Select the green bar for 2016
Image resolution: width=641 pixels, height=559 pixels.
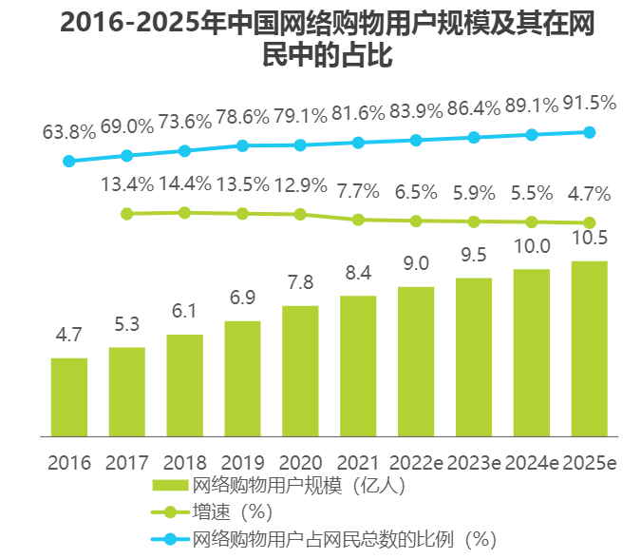pyautogui.click(x=69, y=397)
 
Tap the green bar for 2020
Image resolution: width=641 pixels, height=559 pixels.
pyautogui.click(x=300, y=371)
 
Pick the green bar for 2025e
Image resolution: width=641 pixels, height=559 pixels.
pyautogui.click(x=589, y=349)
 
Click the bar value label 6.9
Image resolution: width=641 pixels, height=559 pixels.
pyautogui.click(x=242, y=299)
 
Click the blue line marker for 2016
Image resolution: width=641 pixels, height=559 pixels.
pyautogui.click(x=68, y=162)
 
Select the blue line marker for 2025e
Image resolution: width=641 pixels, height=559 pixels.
pyautogui.click(x=589, y=132)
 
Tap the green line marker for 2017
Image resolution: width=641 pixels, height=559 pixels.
pyautogui.click(x=126, y=214)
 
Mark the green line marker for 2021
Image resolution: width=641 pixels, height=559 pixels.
pyautogui.click(x=358, y=220)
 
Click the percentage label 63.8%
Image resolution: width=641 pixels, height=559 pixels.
pyautogui.click(x=69, y=131)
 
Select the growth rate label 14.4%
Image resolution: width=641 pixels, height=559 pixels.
pyautogui.click(x=185, y=184)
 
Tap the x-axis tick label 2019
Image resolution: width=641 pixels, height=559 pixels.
pyautogui.click(x=242, y=463)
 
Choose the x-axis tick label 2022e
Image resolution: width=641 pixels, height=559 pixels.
pyautogui.click(x=416, y=463)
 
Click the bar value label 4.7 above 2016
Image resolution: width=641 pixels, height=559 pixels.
pyautogui.click(x=69, y=335)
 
